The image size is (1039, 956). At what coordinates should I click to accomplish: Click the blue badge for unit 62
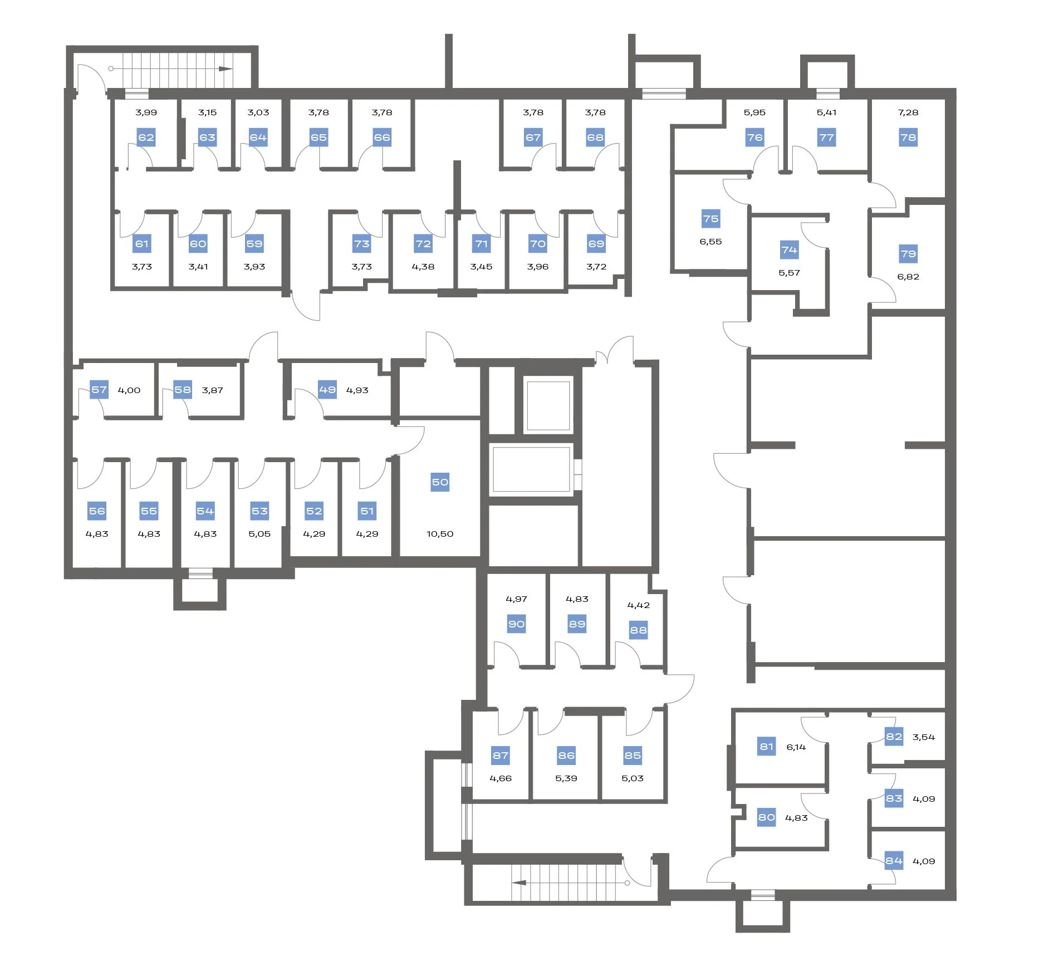click(146, 138)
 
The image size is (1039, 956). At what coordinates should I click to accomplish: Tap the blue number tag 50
click(440, 482)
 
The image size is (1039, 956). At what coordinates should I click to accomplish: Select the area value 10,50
click(440, 534)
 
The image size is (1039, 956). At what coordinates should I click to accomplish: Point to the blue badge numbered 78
click(908, 138)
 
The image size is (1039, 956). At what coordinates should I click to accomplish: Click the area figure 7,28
click(908, 112)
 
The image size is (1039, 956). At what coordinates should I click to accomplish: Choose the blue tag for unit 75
click(710, 219)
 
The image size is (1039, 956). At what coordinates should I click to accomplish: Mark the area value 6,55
click(710, 242)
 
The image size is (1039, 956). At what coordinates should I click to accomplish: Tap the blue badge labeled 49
click(327, 390)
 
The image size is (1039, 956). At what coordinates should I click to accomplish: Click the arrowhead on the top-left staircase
click(226, 69)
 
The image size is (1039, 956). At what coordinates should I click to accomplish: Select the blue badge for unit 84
click(894, 861)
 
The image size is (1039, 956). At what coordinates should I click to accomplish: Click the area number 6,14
click(796, 747)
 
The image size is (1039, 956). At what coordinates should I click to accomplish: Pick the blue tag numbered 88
click(638, 630)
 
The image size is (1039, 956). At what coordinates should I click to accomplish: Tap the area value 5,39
click(566, 778)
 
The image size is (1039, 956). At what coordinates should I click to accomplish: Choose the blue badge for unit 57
click(99, 390)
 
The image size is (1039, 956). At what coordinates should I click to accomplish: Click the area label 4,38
click(423, 267)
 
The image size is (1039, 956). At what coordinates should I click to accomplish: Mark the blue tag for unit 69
click(596, 244)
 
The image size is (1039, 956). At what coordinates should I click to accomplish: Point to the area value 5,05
click(259, 534)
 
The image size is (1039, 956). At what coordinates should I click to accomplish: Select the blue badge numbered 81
click(767, 747)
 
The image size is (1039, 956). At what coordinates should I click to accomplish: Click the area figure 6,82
click(908, 277)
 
